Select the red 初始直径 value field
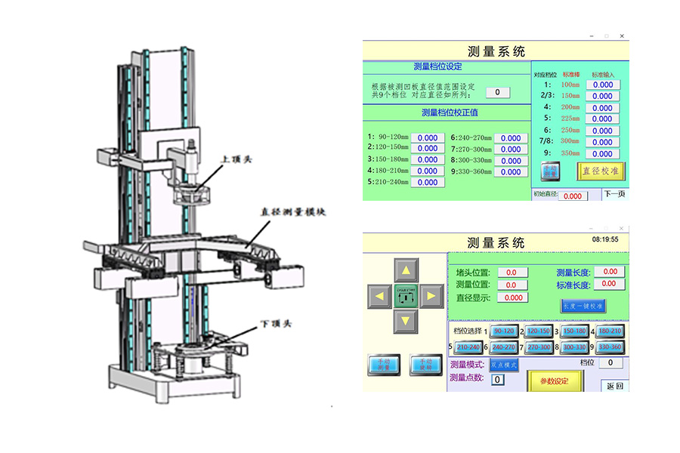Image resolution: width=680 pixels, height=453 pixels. point(573,196)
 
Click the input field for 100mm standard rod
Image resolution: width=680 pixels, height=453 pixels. point(603,85)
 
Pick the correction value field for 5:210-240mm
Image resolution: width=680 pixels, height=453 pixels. point(428,182)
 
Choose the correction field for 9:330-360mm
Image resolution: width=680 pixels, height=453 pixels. point(511,172)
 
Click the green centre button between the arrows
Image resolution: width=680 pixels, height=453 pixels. point(406,295)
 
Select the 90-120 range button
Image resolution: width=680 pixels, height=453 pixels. point(503,331)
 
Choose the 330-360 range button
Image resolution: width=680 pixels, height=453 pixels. point(609,347)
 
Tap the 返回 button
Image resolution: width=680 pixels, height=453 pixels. point(615,386)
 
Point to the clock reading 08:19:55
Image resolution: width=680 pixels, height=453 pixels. point(605,239)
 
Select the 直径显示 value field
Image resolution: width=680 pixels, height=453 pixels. point(514,297)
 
